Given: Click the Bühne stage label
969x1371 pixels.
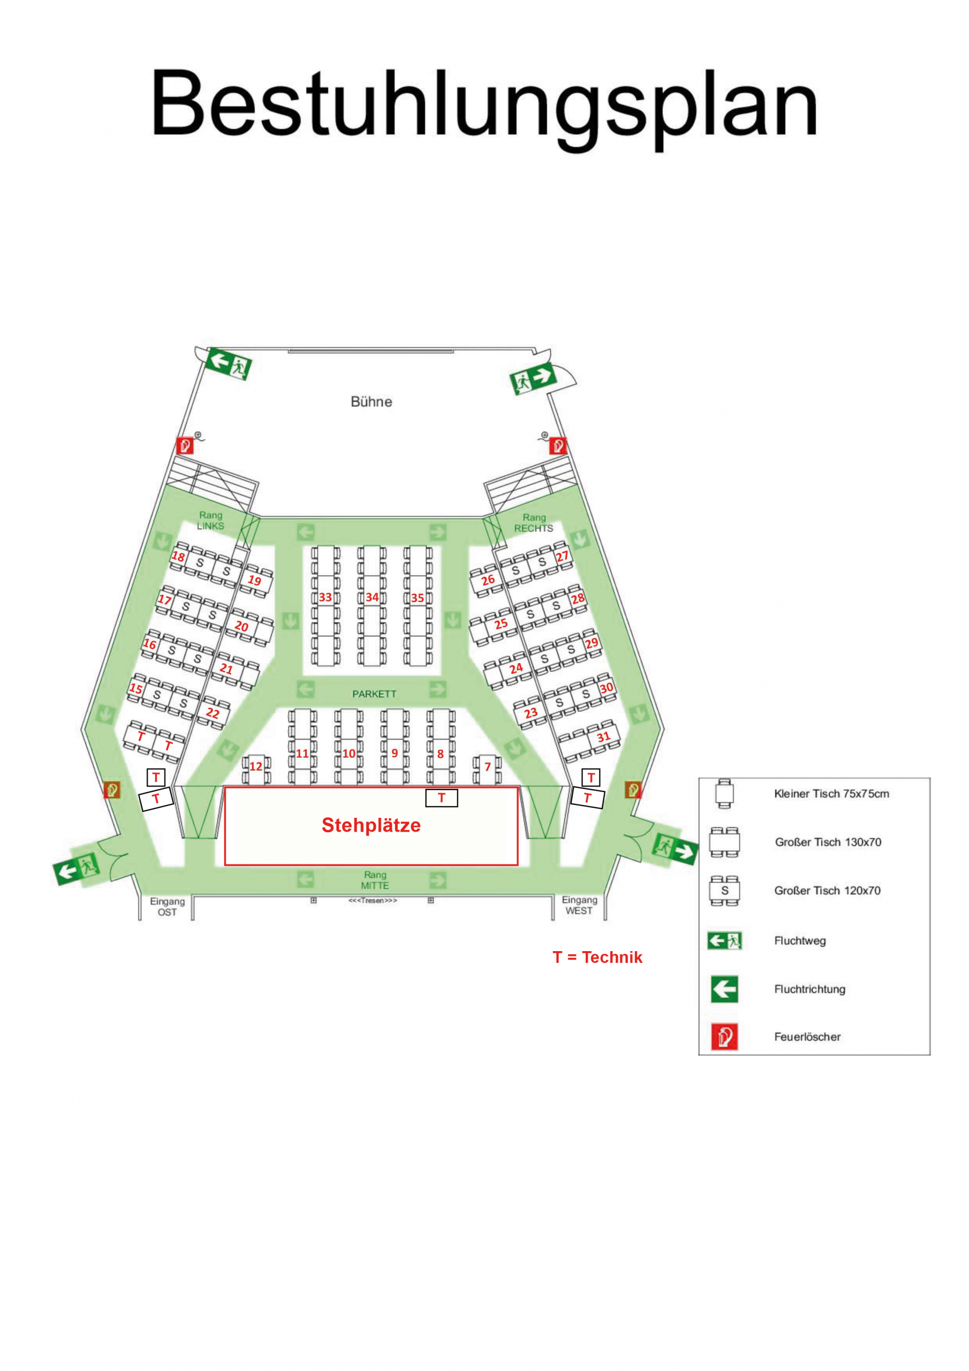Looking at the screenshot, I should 371,402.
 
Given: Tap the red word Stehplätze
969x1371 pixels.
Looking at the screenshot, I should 371,825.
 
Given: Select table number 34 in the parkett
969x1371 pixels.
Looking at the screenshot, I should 372,597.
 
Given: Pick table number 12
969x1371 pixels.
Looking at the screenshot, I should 255,766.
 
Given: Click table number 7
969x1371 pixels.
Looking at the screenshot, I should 487,767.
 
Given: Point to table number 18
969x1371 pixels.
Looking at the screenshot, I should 178,556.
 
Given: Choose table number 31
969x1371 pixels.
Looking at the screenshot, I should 603,737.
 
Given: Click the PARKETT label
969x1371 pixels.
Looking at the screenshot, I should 374,694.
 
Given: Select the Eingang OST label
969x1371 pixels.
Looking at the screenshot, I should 167,907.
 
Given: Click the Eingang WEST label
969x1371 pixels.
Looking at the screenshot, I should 579,905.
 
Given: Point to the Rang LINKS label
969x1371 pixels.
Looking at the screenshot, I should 211,520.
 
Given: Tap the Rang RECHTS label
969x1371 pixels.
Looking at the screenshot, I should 534,523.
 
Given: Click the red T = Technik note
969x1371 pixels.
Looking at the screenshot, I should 597,957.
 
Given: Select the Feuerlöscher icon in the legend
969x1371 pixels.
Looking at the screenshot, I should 724,1037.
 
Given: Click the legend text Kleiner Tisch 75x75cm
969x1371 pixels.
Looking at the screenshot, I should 831,794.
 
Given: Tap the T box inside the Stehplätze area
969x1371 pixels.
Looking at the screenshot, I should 441,798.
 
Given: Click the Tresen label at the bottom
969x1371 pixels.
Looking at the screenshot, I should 373,900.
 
